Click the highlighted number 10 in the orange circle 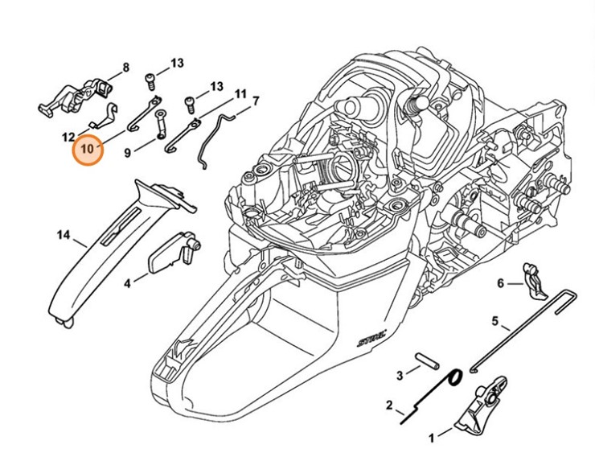pyautogui.click(x=87, y=149)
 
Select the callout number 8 pyautogui.click(x=125, y=68)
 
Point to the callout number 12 pyautogui.click(x=68, y=136)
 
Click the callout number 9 pyautogui.click(x=127, y=150)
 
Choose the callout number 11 pyautogui.click(x=240, y=94)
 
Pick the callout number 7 pyautogui.click(x=256, y=101)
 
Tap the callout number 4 pyautogui.click(x=127, y=283)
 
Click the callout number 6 pyautogui.click(x=499, y=283)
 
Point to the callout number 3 pyautogui.click(x=400, y=375)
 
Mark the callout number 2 pyautogui.click(x=389, y=405)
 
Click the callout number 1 pyautogui.click(x=431, y=439)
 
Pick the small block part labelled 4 pyautogui.click(x=170, y=254)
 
